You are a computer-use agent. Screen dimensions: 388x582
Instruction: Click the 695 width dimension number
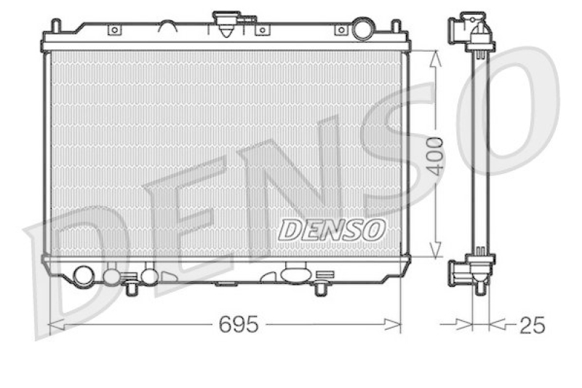pyautogui.click(x=239, y=325)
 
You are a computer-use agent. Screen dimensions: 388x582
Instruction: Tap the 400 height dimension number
pyautogui.click(x=435, y=155)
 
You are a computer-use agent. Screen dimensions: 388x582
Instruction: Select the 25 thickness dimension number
pyautogui.click(x=532, y=325)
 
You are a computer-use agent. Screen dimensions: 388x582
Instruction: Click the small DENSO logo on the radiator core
pyautogui.click(x=332, y=230)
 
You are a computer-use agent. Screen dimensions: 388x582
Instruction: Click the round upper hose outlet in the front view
pyautogui.click(x=362, y=31)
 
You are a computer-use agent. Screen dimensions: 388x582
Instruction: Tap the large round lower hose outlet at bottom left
pyautogui.click(x=84, y=276)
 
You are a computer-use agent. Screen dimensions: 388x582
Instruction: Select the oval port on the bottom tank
pyautogui.click(x=295, y=275)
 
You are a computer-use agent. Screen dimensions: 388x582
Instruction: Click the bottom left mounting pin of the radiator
pyautogui.click(x=131, y=288)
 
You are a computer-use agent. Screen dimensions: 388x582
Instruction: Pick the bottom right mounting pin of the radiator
pyautogui.click(x=320, y=288)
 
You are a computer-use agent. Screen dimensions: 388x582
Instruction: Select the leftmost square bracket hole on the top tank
pyautogui.click(x=113, y=31)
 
